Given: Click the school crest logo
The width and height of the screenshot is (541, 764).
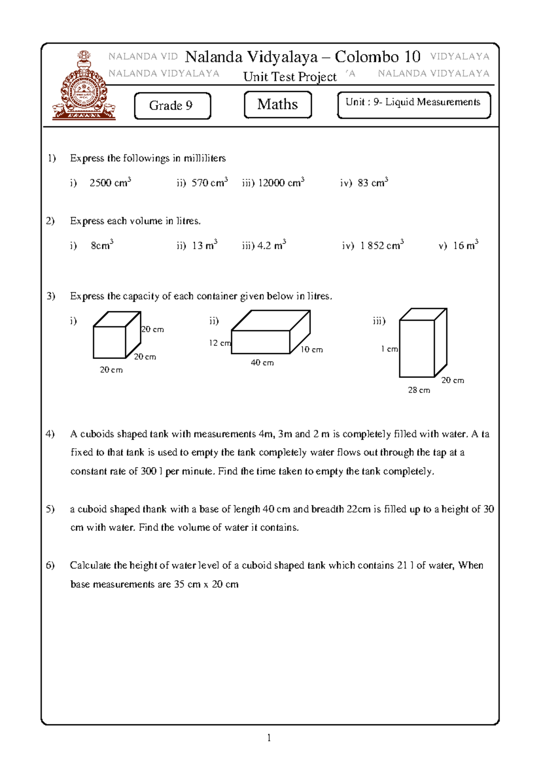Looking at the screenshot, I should (84, 86).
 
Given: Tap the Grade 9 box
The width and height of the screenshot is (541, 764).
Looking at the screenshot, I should (172, 106).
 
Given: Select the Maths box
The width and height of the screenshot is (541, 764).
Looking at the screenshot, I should (278, 105).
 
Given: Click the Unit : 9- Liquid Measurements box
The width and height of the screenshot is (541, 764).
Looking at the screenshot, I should (413, 105).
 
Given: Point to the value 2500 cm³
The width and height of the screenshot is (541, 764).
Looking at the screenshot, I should (110, 183).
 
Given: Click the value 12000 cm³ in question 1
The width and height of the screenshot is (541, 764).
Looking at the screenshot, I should (281, 183).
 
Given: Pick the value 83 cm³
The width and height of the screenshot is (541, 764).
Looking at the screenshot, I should (373, 183).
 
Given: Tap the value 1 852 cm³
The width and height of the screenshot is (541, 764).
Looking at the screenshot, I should (382, 246).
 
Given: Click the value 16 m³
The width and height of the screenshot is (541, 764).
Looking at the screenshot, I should (465, 246).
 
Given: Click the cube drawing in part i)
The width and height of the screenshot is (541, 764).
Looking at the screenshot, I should (116, 336).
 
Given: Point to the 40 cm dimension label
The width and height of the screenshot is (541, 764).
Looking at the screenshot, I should (262, 363).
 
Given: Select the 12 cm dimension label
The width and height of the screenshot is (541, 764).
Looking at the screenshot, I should (220, 343).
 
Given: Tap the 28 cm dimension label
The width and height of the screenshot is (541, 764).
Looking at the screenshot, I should (419, 390).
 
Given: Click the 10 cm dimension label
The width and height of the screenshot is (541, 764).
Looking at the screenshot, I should (312, 350).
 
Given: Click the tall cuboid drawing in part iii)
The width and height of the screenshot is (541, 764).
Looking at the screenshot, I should (422, 343).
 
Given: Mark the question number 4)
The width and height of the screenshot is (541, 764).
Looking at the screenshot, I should (50, 434).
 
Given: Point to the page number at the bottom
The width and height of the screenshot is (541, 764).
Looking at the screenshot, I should (269, 737).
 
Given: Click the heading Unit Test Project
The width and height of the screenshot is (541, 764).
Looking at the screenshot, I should (290, 77).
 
